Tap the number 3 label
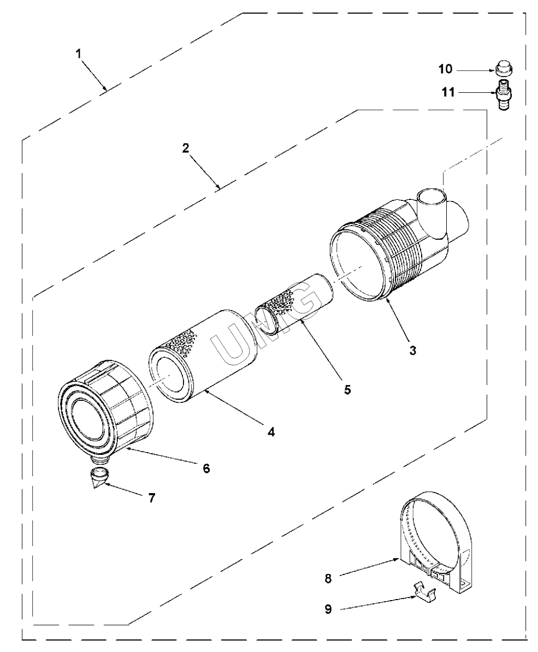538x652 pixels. click(x=413, y=350)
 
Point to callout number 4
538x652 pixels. click(x=271, y=431)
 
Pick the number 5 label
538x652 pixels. click(x=348, y=389)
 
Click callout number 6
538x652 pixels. click(x=206, y=468)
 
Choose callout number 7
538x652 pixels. click(x=151, y=497)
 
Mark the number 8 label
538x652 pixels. click(x=328, y=578)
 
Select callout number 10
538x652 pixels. click(x=445, y=69)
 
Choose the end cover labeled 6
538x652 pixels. click(x=104, y=415)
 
